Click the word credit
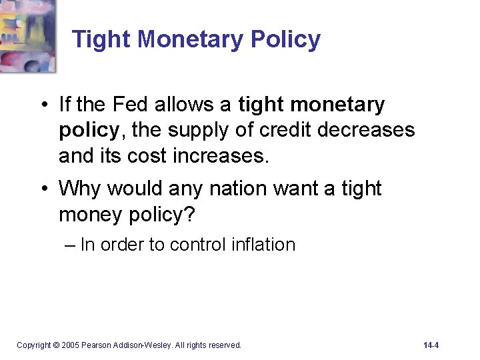[283, 129]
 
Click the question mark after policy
[195, 214]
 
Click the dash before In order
[71, 245]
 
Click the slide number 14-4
[431, 345]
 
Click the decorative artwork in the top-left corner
[27, 35]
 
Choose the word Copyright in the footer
[33, 345]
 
